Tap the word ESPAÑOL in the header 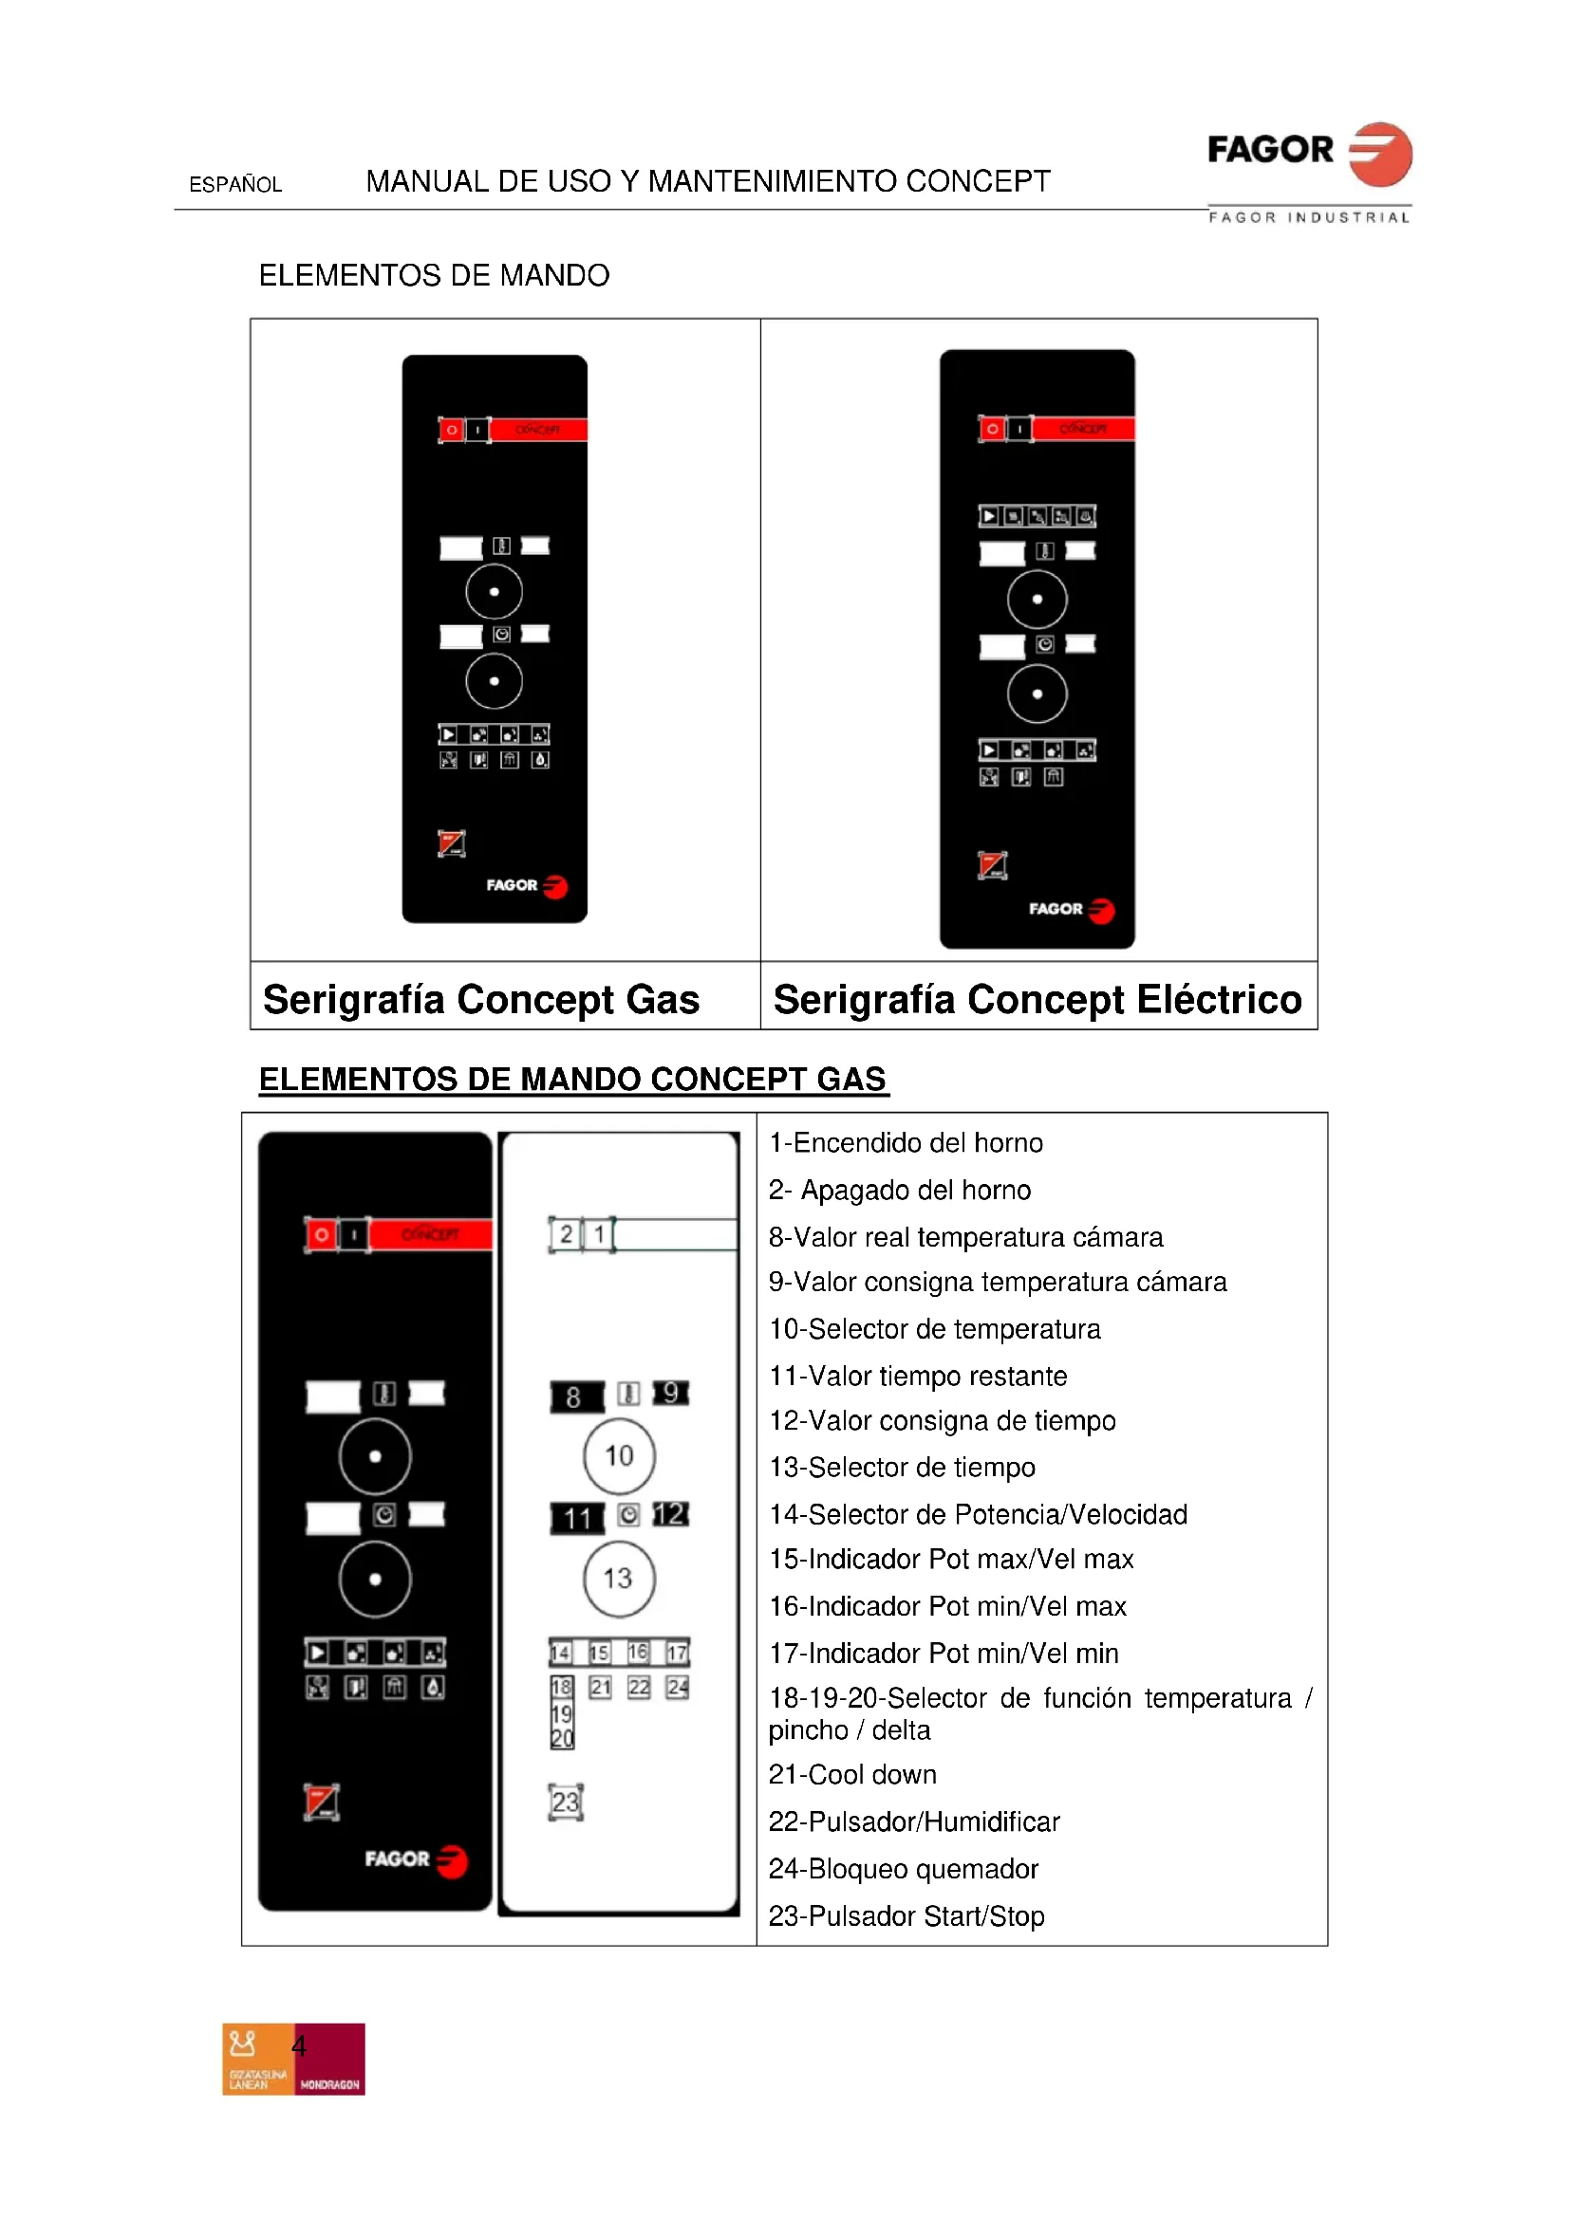coord(234,185)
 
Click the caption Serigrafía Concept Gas coord(480,999)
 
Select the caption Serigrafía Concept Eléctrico coord(1037,999)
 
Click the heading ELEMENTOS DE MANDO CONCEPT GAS coord(572,1079)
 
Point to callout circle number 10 coord(619,1455)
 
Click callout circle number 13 coord(619,1579)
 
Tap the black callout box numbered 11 coord(577,1518)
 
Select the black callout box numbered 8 coord(576,1396)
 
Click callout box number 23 coord(566,1802)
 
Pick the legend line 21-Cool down coord(851,1774)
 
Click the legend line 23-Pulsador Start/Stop coord(906,1915)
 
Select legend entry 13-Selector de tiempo coord(901,1467)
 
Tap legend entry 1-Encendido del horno coord(905,1142)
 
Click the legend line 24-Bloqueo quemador coord(902,1868)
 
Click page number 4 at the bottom coord(299,2046)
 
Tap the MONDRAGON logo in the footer coord(329,2060)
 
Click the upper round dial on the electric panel coord(1037,600)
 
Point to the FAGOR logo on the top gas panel coord(526,885)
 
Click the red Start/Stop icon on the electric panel coord(992,865)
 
